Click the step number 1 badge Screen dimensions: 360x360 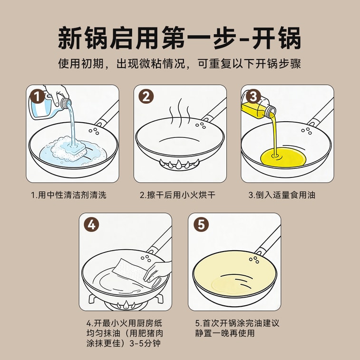point(37,97)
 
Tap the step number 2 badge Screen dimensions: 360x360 point(146,97)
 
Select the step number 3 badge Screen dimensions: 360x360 point(253,97)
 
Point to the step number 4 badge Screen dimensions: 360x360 point(91,224)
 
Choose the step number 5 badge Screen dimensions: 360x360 point(201,224)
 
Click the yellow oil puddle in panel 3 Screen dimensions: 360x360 point(283,158)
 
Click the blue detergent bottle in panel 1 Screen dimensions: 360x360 point(49,105)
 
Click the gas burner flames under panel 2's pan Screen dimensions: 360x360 point(180,164)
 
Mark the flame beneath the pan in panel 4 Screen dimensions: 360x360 point(126,305)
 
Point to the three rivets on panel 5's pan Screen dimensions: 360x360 point(254,260)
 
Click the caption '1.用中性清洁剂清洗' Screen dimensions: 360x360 point(68,195)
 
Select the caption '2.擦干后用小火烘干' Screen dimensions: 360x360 point(178,195)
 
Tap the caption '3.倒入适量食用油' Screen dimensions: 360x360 point(282,195)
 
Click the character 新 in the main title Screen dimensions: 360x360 point(70,38)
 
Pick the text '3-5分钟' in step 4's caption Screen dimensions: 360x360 point(145,343)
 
